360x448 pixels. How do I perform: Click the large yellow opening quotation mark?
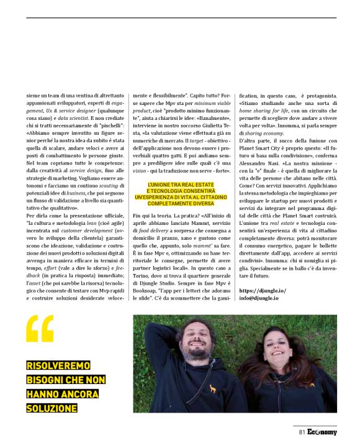tap(40, 329)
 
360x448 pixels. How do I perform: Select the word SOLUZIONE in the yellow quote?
tap(52, 408)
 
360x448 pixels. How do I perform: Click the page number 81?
tap(302, 432)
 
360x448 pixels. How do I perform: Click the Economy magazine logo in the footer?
tap(322, 432)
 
